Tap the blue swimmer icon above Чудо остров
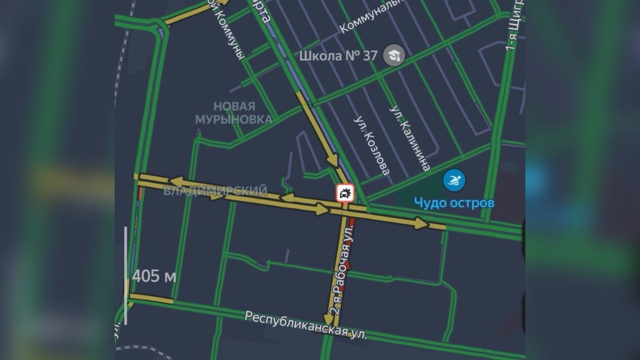[454, 180]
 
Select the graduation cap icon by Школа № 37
[395, 55]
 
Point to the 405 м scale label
[154, 276]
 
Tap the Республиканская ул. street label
[306, 324]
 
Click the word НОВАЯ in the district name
[234, 107]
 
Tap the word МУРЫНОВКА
[234, 119]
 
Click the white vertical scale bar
[126, 275]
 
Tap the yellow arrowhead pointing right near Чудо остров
[422, 223]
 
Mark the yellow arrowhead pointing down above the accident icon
[333, 160]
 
